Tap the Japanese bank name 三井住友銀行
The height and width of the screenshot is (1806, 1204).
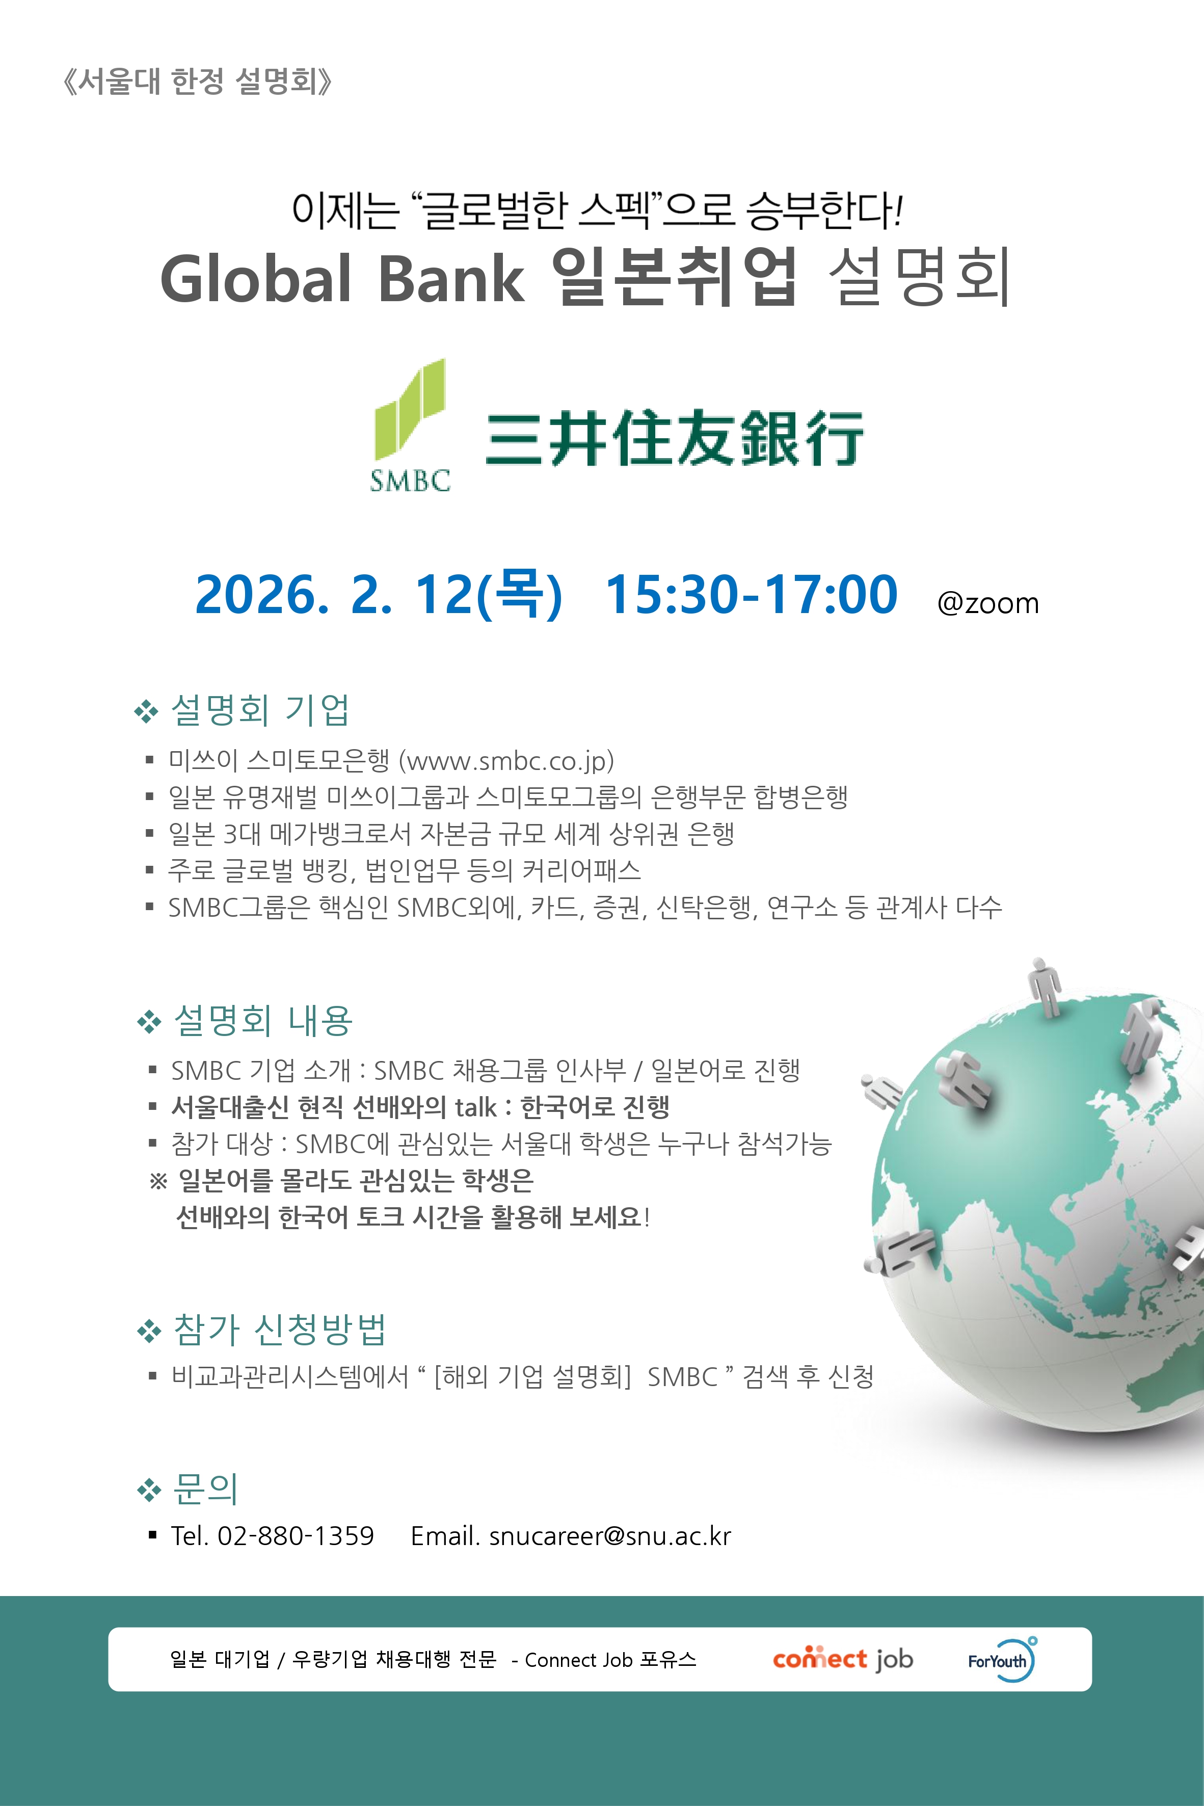point(674,438)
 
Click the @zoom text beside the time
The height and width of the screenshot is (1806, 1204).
point(988,603)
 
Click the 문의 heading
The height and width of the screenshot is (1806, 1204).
point(205,1489)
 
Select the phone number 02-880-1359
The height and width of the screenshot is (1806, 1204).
point(296,1536)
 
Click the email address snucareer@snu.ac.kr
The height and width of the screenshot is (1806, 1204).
point(610,1536)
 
